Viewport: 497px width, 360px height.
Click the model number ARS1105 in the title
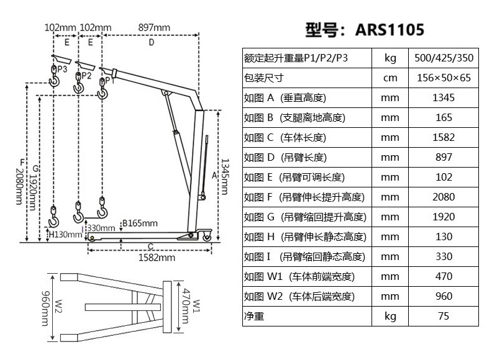tap(390, 30)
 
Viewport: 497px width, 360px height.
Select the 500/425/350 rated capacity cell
tap(444, 58)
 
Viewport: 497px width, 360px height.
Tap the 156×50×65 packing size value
tap(444, 78)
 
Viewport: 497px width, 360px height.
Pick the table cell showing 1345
tap(444, 98)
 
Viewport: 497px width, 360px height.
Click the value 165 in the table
tap(444, 118)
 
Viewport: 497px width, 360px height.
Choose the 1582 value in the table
tap(444, 138)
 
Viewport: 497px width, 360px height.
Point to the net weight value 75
tap(444, 317)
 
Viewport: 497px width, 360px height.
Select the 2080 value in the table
tap(444, 197)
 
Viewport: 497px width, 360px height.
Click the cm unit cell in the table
tap(390, 78)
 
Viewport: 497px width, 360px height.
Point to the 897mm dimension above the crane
tap(154, 28)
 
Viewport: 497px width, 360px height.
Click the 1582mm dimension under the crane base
tap(156, 257)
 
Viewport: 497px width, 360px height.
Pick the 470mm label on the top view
tap(185, 307)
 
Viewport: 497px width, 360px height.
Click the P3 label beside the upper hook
tap(62, 70)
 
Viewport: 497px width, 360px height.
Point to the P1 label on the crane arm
tap(109, 79)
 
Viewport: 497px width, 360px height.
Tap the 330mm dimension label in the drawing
tap(101, 228)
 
